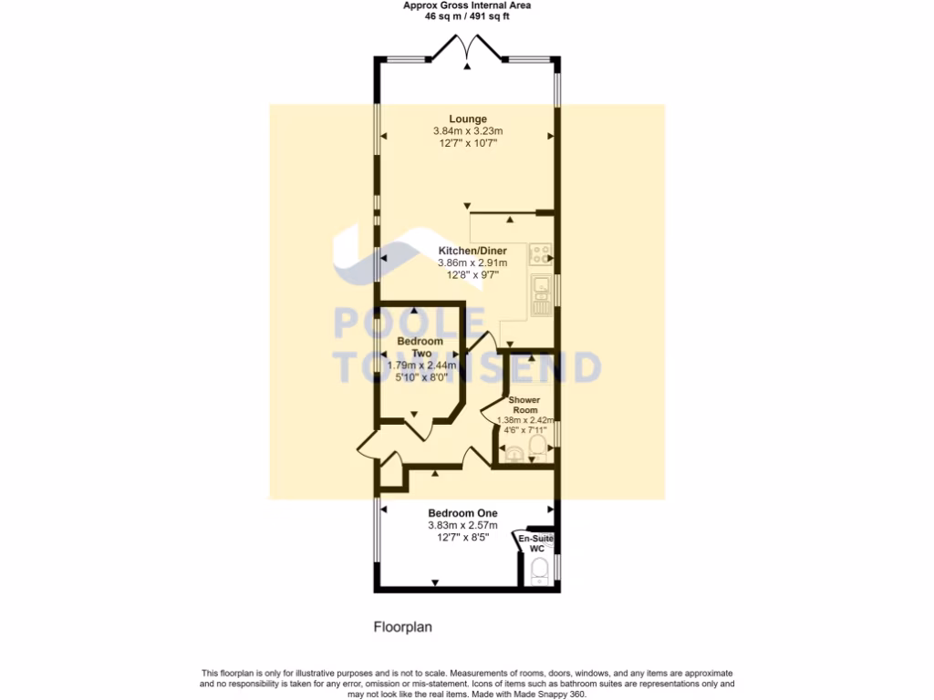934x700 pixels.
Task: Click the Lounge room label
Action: coord(467,118)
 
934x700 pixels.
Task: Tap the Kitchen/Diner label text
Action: coord(467,250)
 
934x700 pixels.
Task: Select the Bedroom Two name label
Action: coord(420,347)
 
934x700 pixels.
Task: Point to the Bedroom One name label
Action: coord(462,512)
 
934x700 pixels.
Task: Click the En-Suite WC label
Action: coord(536,544)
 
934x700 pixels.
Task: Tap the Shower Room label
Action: coord(524,406)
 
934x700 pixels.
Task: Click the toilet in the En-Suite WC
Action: coord(539,571)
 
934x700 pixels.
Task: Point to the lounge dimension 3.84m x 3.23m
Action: coord(467,131)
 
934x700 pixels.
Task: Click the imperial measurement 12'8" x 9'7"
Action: coord(467,274)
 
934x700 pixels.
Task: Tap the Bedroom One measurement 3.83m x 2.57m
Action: coord(462,525)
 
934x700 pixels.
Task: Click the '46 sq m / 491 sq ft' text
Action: coord(467,15)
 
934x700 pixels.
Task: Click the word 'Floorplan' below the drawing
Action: coord(402,627)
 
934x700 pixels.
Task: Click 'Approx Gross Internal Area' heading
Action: coord(467,5)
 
